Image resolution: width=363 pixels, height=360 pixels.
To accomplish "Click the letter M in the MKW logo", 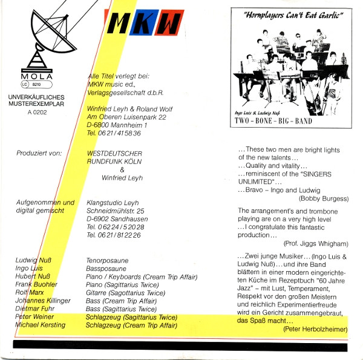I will tap(118, 24).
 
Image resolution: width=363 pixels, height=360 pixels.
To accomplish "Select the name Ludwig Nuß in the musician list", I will tap(33, 260).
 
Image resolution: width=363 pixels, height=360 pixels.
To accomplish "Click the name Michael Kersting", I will tap(40, 326).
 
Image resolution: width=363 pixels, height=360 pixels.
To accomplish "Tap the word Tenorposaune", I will tap(108, 260).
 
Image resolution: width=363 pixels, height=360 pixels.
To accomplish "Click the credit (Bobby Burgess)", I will tap(323, 198).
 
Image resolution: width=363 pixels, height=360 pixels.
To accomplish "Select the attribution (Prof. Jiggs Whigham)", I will tap(316, 243).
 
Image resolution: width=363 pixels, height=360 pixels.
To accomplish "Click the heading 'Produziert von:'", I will tap(39, 153).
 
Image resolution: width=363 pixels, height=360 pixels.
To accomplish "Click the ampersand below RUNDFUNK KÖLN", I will tap(121, 170).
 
